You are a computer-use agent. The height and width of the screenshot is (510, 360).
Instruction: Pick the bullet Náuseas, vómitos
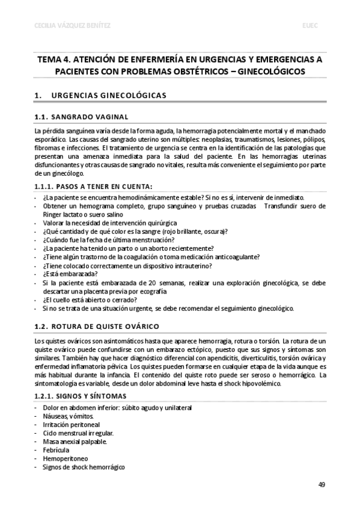68,416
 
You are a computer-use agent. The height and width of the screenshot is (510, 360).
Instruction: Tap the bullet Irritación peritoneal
72,424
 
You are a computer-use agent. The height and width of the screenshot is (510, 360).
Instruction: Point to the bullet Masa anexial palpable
75,441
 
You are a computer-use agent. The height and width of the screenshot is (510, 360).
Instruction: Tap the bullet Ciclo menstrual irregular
78,432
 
